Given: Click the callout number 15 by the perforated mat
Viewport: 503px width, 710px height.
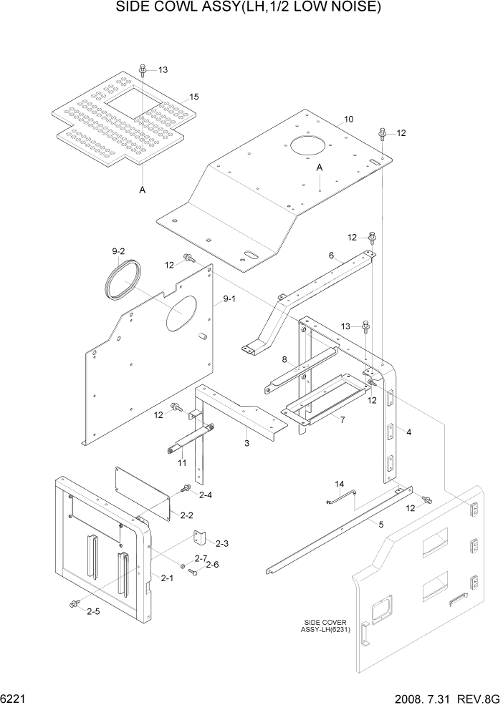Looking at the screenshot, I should point(193,97).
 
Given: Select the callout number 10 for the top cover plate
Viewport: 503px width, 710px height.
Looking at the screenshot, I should point(349,119).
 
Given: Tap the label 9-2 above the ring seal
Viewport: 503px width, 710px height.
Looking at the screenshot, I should point(118,251).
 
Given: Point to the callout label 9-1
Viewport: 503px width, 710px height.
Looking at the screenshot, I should point(229,299).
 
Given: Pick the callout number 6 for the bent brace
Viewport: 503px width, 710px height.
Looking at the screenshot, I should point(331,256).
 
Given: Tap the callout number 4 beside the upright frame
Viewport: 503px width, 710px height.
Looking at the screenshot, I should point(408,432).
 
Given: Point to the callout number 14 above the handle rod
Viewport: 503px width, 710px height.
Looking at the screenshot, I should point(340,485).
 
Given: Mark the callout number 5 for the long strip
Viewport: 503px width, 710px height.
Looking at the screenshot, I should point(380,524).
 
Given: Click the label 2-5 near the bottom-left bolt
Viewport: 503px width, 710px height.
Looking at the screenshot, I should point(93,612).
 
